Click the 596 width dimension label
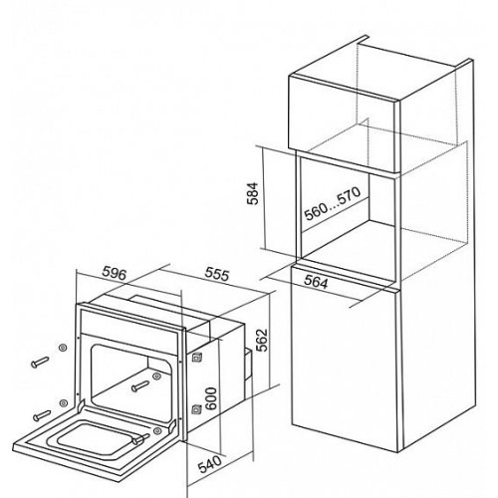coord(115,273)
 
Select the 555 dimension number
coord(217,274)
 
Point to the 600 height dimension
coord(211,398)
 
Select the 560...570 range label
coord(333,204)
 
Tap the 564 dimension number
coord(316,282)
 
